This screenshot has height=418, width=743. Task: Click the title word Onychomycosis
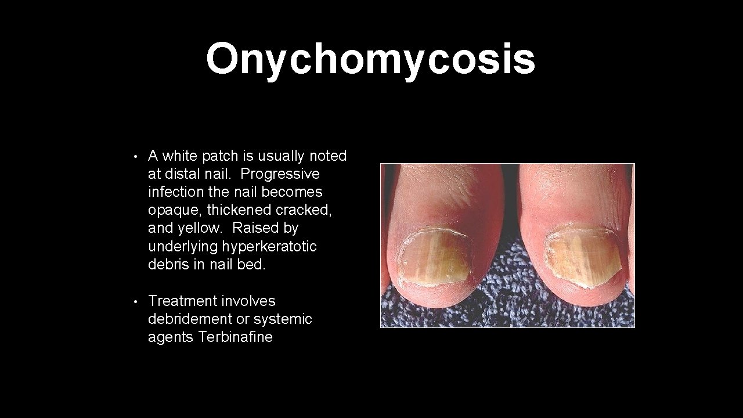tap(370, 59)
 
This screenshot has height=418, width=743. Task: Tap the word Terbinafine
tap(235, 337)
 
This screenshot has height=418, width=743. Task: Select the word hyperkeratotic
tap(269, 246)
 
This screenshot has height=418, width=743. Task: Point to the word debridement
tap(190, 319)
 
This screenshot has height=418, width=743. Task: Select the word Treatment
tap(182, 301)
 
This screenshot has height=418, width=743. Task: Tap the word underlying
tap(183, 246)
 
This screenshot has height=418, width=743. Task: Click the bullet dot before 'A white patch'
tap(134, 157)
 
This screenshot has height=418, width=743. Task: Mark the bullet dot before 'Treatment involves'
tap(134, 302)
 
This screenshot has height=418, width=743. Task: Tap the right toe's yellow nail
tap(583, 257)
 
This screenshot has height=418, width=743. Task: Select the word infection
tap(175, 192)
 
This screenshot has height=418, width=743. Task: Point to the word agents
tap(171, 337)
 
